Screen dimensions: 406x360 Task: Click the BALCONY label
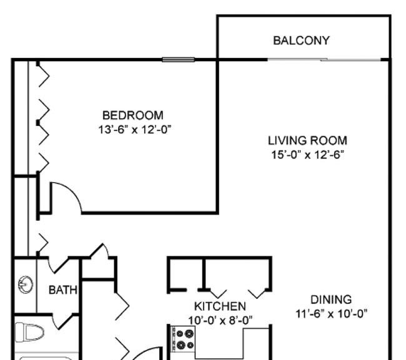click(301, 41)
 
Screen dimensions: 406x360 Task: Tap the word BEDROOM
click(133, 115)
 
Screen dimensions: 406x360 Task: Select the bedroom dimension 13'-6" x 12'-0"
click(135, 129)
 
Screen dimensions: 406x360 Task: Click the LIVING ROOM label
click(307, 140)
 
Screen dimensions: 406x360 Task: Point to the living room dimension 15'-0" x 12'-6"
click(307, 155)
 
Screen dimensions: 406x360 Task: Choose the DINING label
click(331, 299)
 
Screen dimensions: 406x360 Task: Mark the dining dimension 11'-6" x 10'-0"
click(332, 314)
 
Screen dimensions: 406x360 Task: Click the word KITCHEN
click(220, 306)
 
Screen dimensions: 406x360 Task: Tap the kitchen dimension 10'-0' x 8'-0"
click(220, 321)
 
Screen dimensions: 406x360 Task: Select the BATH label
click(63, 290)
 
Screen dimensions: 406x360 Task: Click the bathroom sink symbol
click(26, 285)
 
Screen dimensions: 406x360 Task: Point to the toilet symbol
click(29, 332)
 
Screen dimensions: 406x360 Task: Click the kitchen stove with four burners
click(182, 339)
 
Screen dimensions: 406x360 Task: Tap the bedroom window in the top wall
click(179, 60)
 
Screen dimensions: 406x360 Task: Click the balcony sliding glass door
click(324, 60)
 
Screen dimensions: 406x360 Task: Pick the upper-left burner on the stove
click(179, 334)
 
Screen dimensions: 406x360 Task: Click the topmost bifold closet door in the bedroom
click(44, 75)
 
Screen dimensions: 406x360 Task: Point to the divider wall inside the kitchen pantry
click(204, 274)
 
